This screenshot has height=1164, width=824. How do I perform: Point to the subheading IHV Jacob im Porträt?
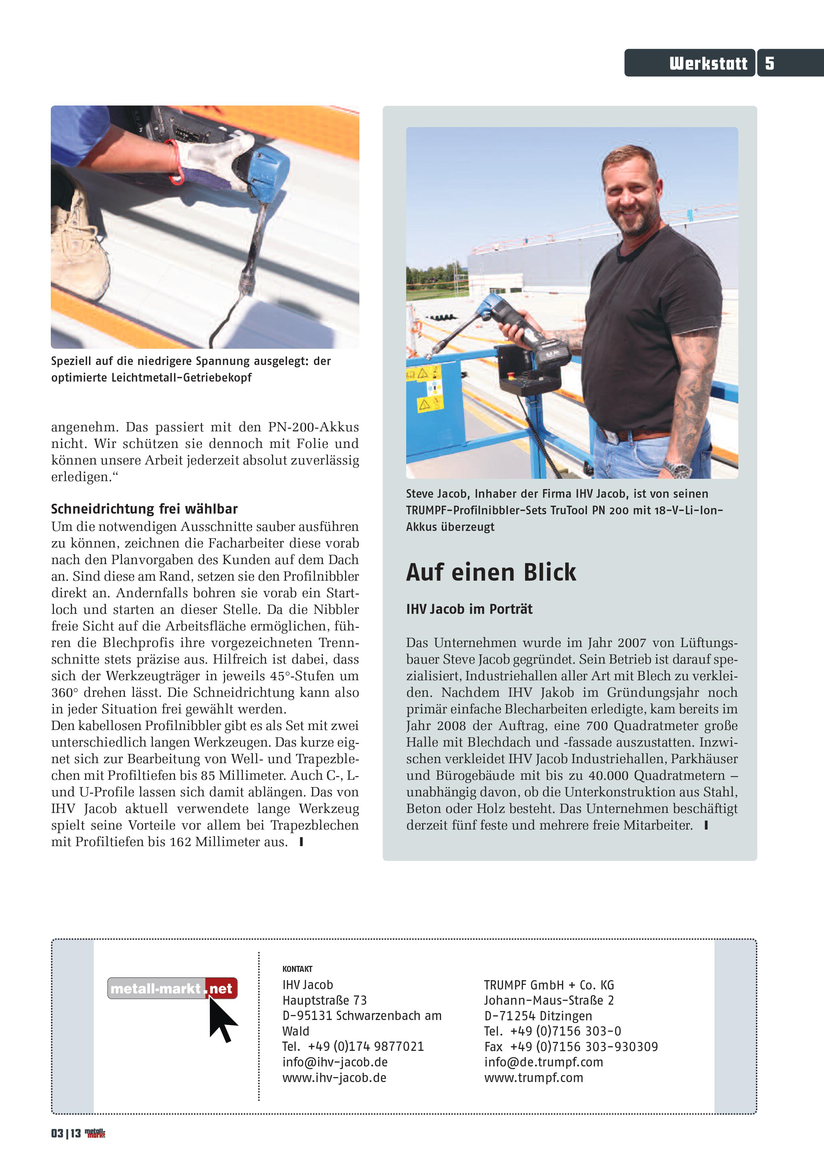click(469, 609)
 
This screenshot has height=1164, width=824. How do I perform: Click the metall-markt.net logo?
click(172, 988)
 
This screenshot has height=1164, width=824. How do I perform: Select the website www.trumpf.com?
click(533, 1078)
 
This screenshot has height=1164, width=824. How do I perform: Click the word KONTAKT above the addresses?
click(297, 969)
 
